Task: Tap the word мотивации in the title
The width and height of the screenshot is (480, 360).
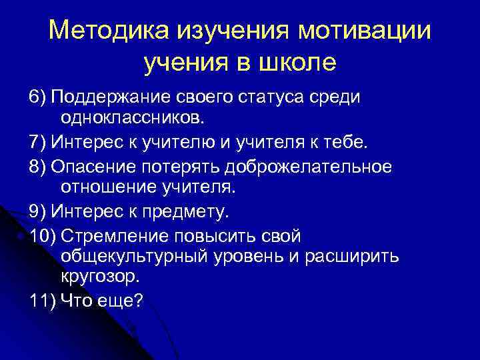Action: (365, 31)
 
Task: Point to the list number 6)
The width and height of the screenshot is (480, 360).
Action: (38, 97)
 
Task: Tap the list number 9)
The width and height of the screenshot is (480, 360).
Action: (38, 212)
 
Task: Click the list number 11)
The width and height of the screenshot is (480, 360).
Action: (43, 301)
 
